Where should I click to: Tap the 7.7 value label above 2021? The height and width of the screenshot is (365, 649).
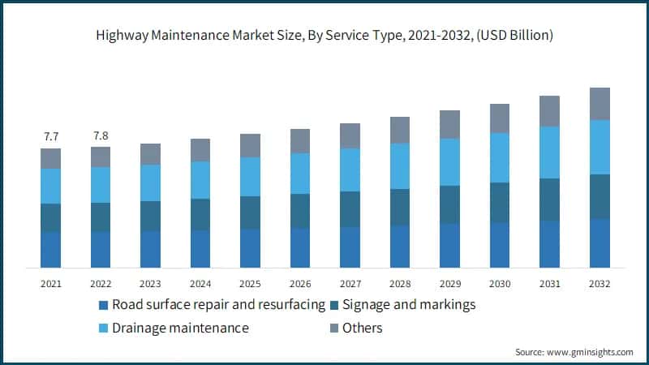(51, 135)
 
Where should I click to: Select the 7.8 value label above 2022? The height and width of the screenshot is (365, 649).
(101, 135)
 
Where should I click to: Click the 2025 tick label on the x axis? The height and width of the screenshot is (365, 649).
(250, 284)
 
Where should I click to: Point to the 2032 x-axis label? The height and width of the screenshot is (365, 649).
(600, 284)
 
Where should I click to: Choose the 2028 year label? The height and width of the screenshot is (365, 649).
(400, 284)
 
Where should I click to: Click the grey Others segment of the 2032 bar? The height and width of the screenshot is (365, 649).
(600, 104)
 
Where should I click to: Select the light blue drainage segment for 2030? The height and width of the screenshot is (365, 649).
(500, 157)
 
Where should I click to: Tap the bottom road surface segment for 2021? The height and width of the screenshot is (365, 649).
(51, 250)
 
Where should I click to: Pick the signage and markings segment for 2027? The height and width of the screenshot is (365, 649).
(350, 209)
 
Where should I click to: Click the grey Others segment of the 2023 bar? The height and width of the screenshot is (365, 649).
(150, 154)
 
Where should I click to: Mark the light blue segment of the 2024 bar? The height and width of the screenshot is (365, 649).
(200, 180)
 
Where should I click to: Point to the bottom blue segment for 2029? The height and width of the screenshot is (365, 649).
(449, 246)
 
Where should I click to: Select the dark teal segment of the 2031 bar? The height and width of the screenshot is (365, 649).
(550, 200)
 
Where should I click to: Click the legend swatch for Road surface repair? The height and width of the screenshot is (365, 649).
(103, 306)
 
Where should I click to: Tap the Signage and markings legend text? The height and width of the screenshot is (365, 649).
(409, 305)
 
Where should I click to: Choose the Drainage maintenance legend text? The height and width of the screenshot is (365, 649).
(180, 328)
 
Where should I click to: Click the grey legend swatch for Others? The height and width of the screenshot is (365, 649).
(333, 328)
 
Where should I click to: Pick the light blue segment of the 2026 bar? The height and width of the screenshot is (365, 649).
(300, 174)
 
